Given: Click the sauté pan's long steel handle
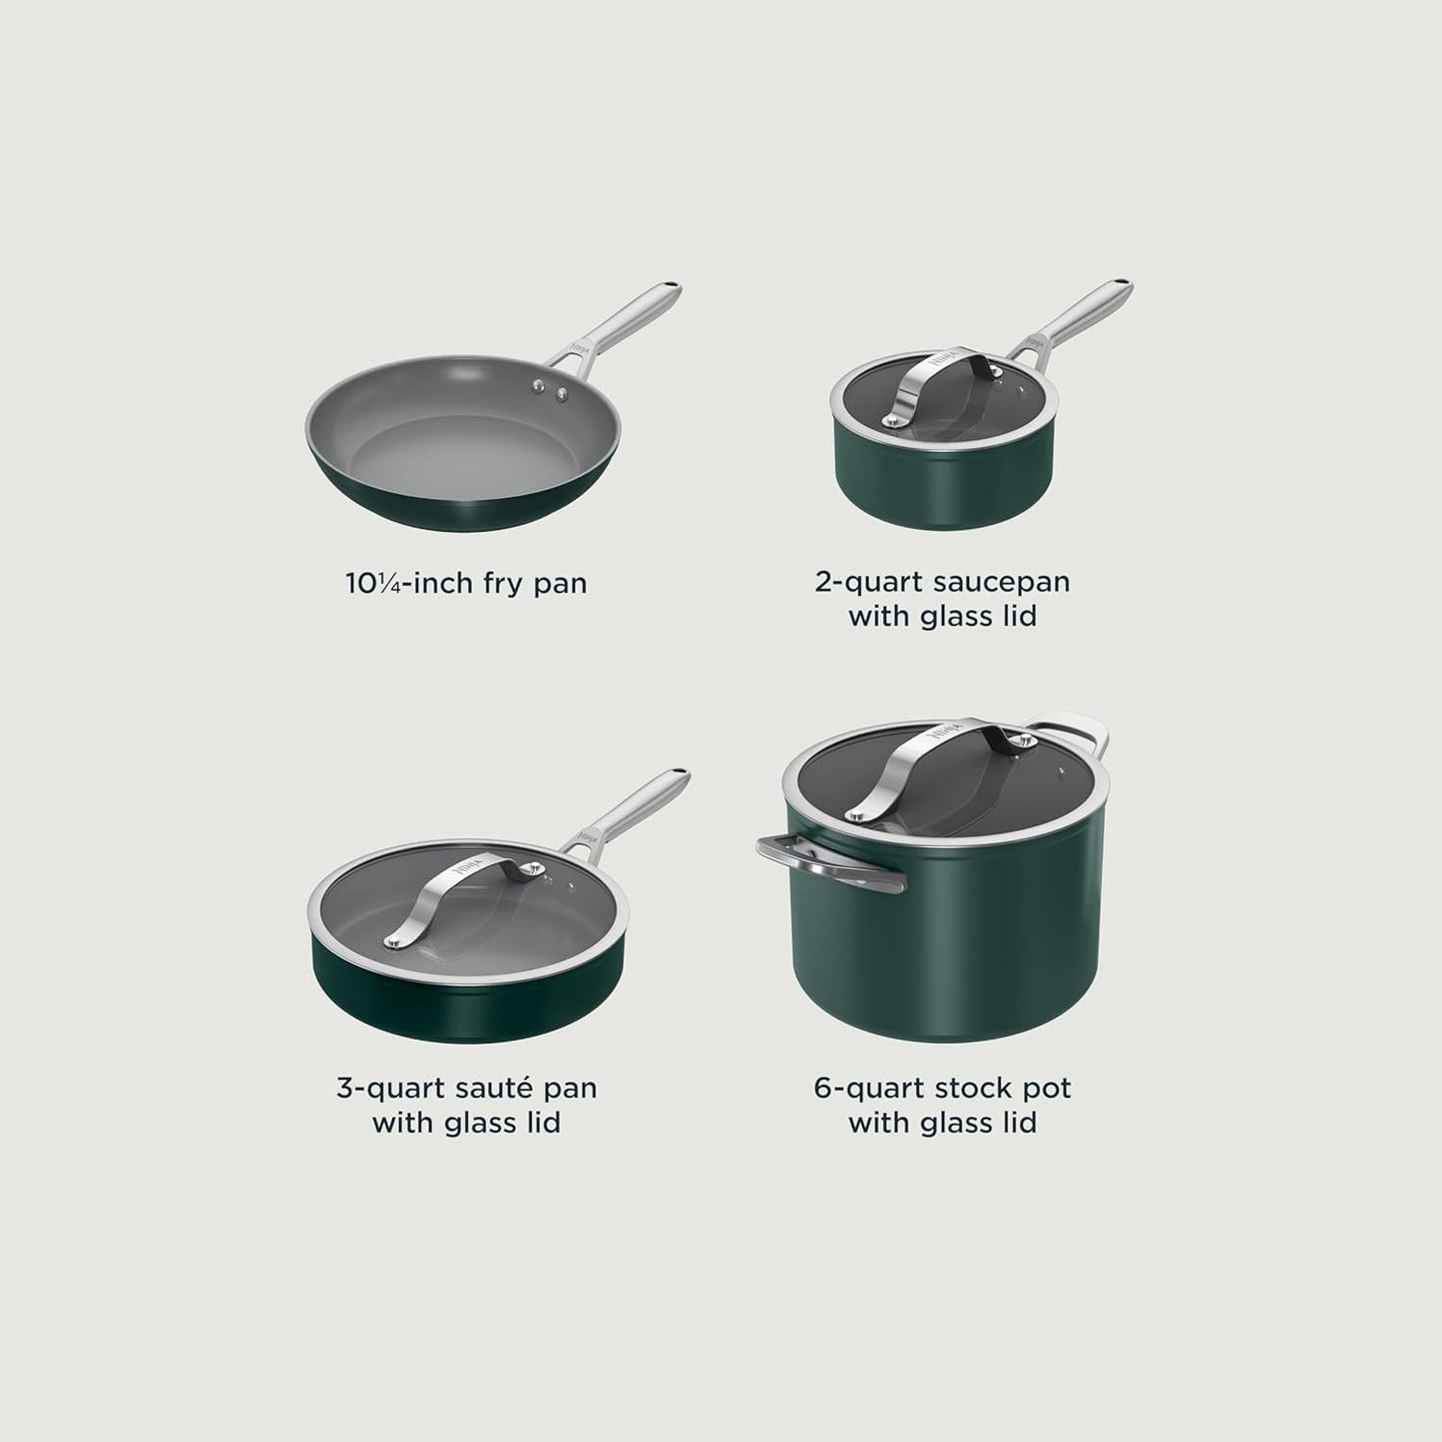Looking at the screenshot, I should tap(629, 808).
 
